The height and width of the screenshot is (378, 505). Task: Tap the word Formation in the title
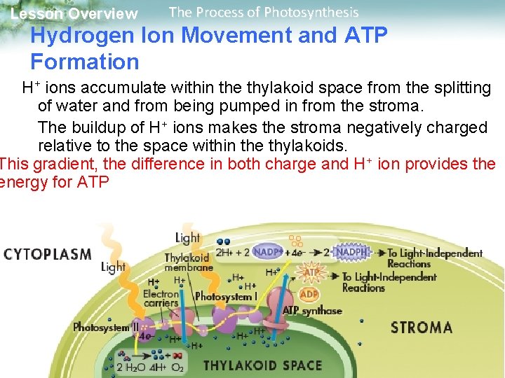pos(85,62)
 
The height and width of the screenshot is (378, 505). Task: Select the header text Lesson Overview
pos(74,14)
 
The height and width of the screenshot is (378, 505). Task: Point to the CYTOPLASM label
pos(48,253)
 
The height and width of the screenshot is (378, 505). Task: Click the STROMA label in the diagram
pos(421,327)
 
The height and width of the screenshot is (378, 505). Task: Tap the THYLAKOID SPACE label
pos(262,365)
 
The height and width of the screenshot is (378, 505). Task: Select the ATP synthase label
pos(312,310)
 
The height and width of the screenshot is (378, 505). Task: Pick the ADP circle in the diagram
pos(309,294)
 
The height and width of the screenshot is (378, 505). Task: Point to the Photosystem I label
pos(227,296)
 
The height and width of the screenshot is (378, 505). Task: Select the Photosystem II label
pos(105,327)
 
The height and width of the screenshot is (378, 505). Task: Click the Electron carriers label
pos(161,299)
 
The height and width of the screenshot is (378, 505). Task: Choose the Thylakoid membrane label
pos(187,262)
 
